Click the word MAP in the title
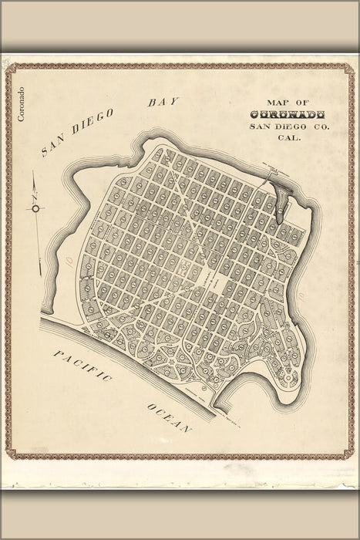coord(276,102)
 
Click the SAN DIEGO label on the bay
coord(77,132)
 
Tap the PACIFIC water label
coord(83,366)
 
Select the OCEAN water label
coord(168,417)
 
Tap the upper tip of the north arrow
coord(35,176)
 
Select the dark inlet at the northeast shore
coord(280,197)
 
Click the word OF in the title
coord(301,102)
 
